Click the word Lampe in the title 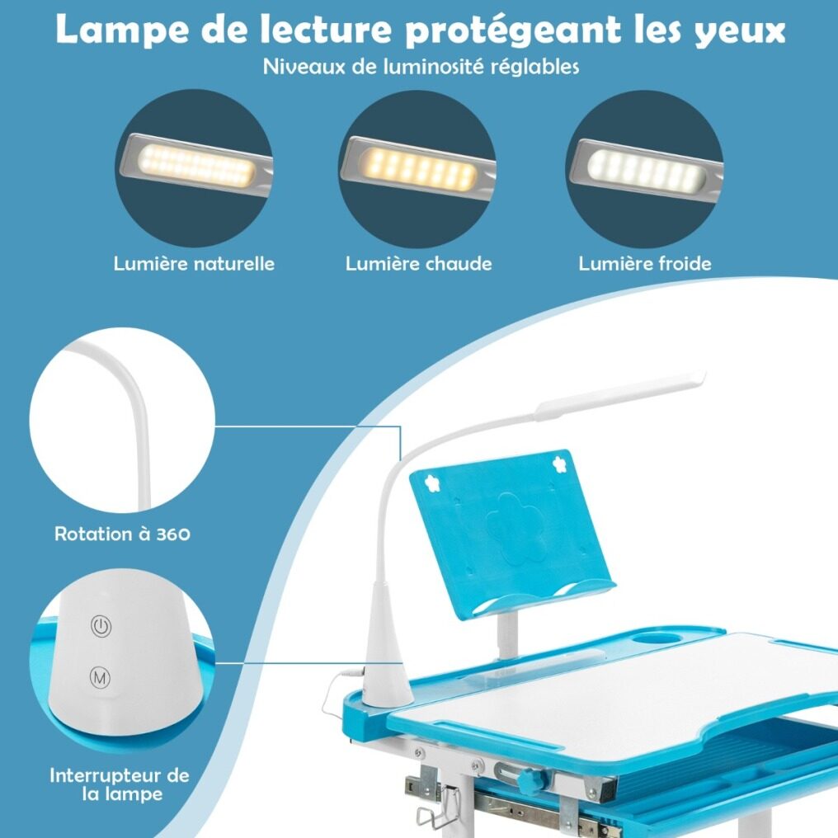click(x=122, y=31)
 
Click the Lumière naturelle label click(x=194, y=263)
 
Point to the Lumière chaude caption click(x=418, y=263)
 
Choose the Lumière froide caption click(x=645, y=263)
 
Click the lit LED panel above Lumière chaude click(x=418, y=169)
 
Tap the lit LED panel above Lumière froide click(x=646, y=169)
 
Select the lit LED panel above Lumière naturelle click(x=196, y=165)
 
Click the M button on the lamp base click(x=100, y=678)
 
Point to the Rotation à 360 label click(x=122, y=534)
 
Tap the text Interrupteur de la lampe click(x=120, y=784)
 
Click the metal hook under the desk click(x=438, y=807)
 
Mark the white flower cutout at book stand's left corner click(x=431, y=483)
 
